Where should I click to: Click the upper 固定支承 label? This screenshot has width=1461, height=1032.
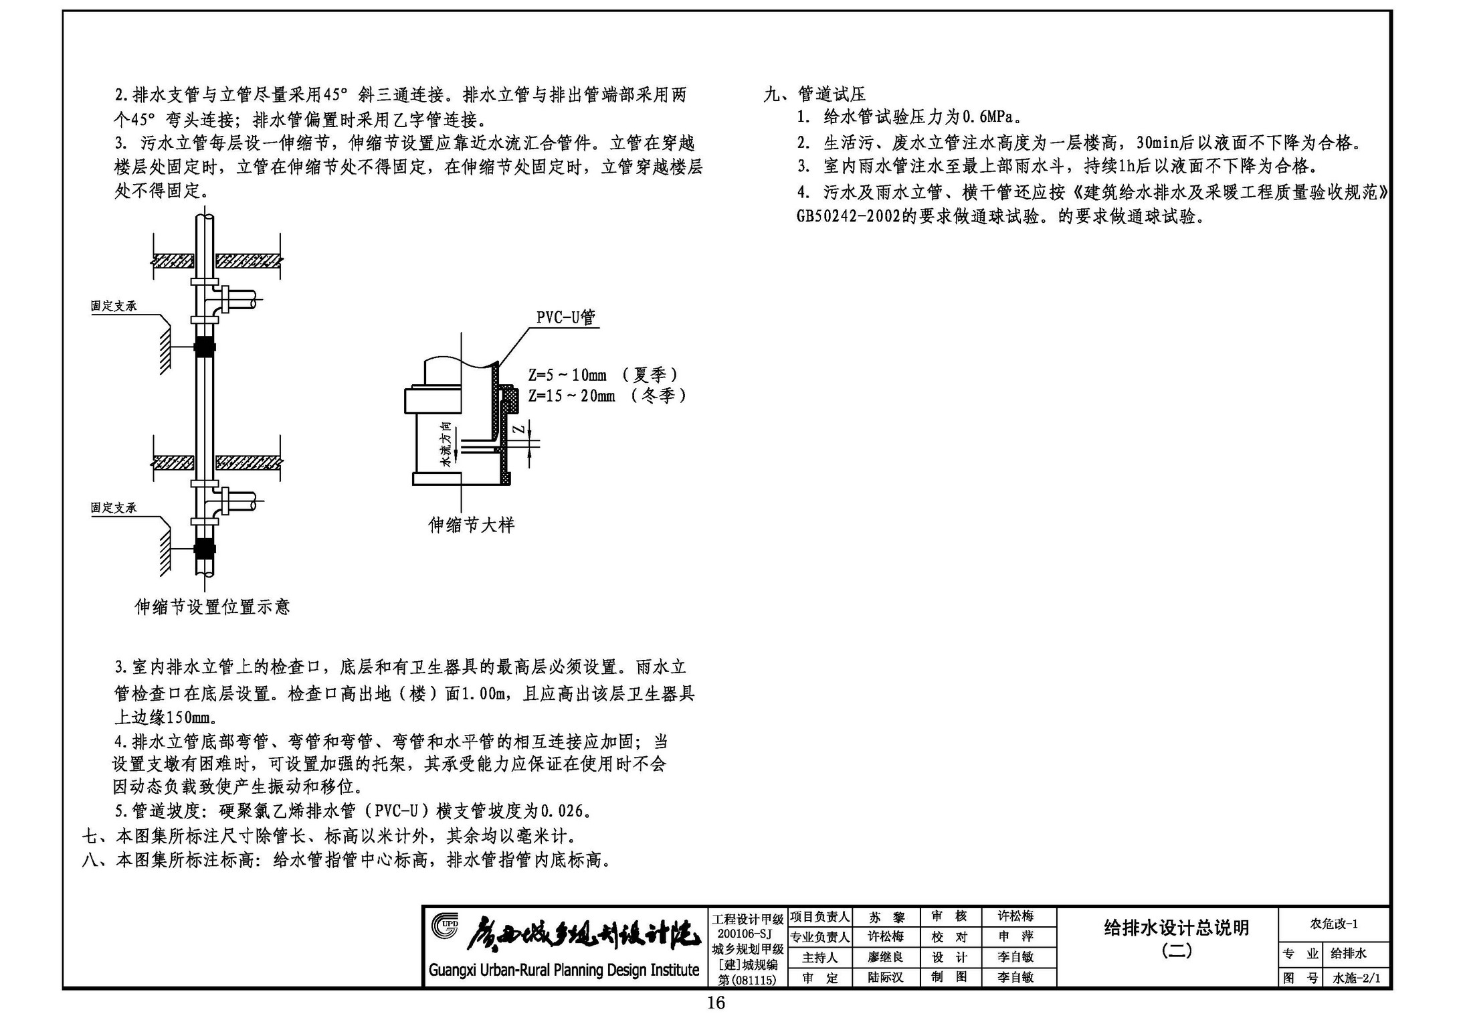point(114,306)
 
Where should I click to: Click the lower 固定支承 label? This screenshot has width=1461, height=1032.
point(114,508)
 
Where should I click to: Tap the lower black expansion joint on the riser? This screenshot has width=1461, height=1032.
point(205,549)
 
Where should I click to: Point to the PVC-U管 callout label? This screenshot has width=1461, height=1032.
point(565,317)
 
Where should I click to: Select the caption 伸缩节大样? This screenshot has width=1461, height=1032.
point(472,525)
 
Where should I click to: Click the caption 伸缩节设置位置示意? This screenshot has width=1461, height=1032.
point(212,607)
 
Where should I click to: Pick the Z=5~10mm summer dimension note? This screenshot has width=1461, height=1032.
point(603,375)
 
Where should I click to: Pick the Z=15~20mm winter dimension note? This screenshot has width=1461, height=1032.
point(607,396)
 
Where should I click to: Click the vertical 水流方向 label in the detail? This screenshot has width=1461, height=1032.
point(446,444)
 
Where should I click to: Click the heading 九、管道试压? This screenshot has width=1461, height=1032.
point(815,94)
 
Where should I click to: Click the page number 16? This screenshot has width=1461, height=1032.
point(716,1003)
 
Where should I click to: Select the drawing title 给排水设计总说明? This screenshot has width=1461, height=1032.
point(1176,928)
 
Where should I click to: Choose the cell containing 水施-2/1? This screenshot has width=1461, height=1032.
point(1356,978)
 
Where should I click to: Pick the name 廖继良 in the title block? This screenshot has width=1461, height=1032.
point(885,958)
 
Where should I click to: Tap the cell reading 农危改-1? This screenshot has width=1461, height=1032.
point(1334,924)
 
